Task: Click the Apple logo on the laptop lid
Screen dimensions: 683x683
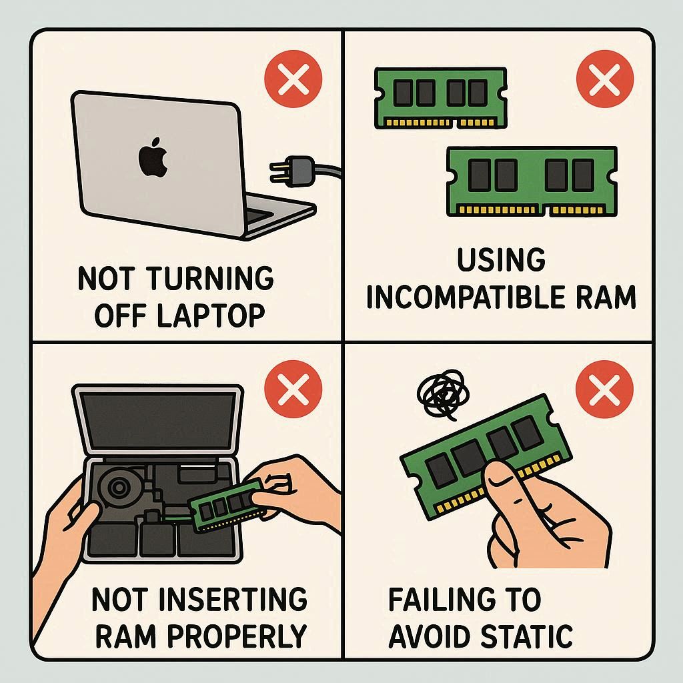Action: pos(153,157)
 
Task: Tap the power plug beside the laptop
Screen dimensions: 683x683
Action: pos(293,171)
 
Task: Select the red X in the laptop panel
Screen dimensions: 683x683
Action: pos(293,79)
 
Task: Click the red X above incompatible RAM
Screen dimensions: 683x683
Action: pos(604,79)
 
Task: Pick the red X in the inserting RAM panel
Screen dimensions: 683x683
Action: pos(293,389)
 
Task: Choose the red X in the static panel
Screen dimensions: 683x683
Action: pos(604,389)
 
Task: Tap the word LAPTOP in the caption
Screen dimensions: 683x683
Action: pos(210,315)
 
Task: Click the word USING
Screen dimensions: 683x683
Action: pos(501,260)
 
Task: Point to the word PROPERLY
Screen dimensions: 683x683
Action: pos(237,636)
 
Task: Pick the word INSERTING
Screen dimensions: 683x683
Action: pos(233,599)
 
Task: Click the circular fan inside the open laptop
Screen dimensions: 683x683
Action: pos(117,487)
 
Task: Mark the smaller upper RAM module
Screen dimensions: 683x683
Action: pos(440,98)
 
